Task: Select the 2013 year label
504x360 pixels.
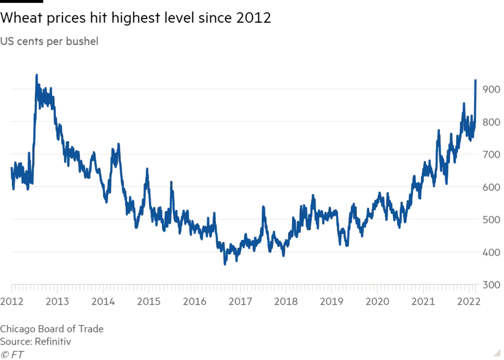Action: (x=57, y=301)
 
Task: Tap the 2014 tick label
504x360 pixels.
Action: (x=103, y=301)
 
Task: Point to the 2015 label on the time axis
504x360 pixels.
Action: (x=148, y=301)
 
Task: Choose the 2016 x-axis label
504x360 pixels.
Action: (x=194, y=301)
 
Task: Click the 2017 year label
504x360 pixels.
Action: (x=240, y=301)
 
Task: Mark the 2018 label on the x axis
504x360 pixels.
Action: (x=285, y=301)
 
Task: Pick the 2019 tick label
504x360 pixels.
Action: (x=331, y=301)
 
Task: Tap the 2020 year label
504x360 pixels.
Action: (x=377, y=301)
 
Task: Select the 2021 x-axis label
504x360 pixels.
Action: (x=423, y=301)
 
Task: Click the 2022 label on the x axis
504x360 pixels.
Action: (x=468, y=301)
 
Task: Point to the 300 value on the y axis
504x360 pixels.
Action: (x=491, y=285)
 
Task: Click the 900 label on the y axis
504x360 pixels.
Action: (x=492, y=89)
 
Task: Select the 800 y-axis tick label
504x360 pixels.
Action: (x=492, y=122)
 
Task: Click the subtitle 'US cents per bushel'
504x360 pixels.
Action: (x=49, y=42)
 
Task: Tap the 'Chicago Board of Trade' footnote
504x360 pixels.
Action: (x=52, y=329)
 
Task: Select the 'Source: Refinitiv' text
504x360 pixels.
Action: (x=34, y=341)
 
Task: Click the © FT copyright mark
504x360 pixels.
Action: (x=13, y=354)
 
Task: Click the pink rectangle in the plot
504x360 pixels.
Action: (x=65, y=202)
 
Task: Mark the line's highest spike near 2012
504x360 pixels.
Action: (x=36, y=75)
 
